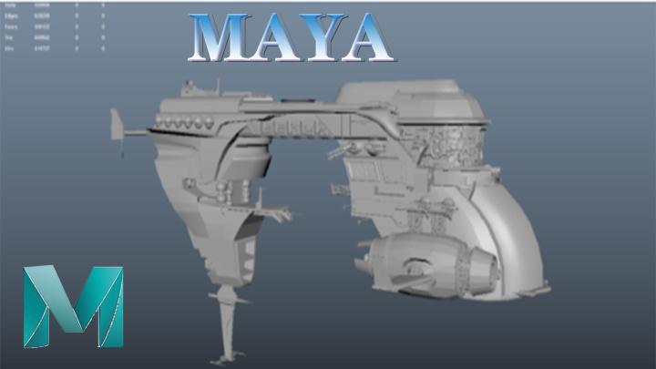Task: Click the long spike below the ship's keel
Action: pos(226,323)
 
